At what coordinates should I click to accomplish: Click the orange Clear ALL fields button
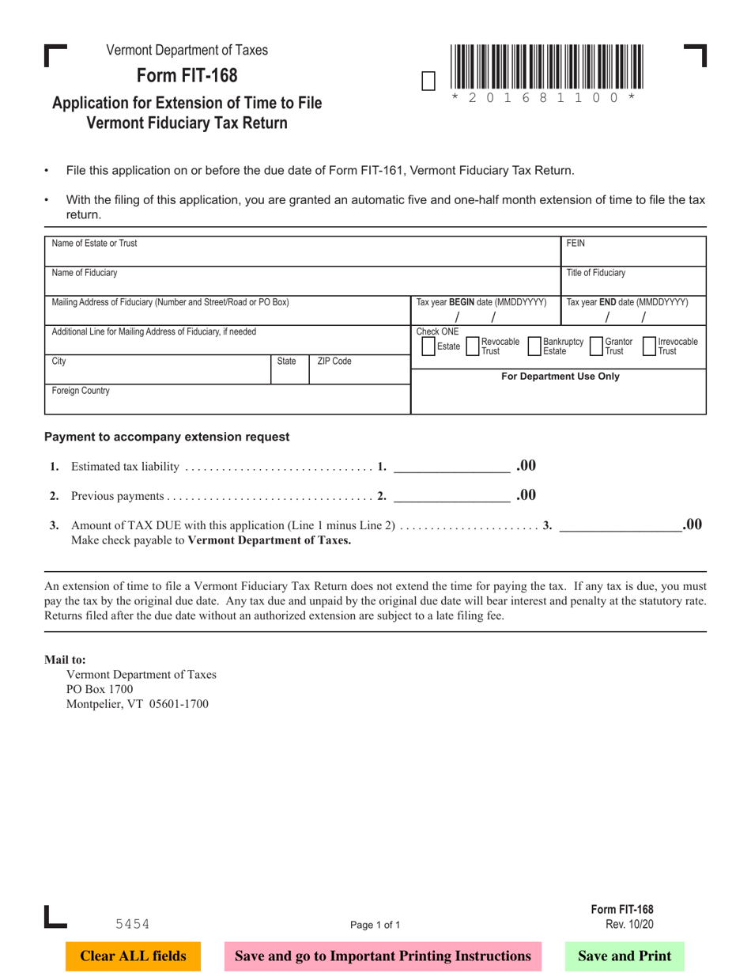click(x=133, y=956)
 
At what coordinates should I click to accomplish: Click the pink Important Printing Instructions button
click(x=383, y=956)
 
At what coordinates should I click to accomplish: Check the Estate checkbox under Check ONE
click(x=428, y=346)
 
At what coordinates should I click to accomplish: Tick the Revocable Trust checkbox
click(x=473, y=346)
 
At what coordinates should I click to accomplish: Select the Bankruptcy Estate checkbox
click(x=534, y=346)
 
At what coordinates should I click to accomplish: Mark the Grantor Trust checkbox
click(x=596, y=346)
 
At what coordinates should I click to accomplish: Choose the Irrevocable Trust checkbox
click(x=650, y=346)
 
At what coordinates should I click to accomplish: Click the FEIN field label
click(x=576, y=244)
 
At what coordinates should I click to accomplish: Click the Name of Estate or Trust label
click(x=94, y=244)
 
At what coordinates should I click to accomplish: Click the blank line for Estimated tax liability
click(x=451, y=467)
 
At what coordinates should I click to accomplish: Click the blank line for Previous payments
click(x=451, y=497)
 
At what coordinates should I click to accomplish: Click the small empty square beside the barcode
click(x=428, y=81)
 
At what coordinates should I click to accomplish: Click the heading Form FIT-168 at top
click(x=187, y=76)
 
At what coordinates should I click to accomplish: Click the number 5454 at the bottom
click(x=132, y=923)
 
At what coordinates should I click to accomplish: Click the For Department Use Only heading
click(x=560, y=377)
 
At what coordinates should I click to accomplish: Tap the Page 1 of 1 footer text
click(x=375, y=924)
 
